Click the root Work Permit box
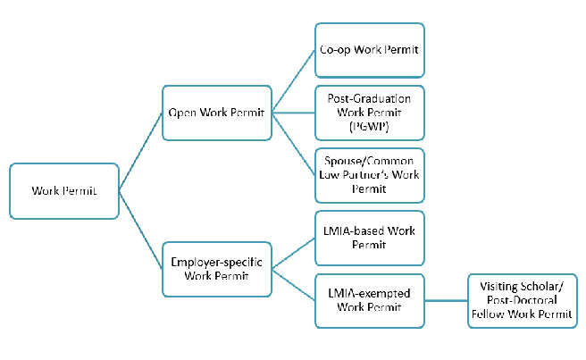pos(64,191)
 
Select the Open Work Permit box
pos(217,113)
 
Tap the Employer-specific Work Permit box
pos(217,269)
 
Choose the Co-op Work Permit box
pos(370,50)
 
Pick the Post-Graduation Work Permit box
pos(370,113)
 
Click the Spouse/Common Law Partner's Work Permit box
pos(370,175)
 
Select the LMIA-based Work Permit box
pos(370,239)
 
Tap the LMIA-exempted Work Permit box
pos(370,301)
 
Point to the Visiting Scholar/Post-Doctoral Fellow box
pos(523,301)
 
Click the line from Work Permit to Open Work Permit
pos(140,152)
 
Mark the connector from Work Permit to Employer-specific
pos(140,230)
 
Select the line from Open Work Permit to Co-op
pos(293,81)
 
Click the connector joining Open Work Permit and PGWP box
pos(293,113)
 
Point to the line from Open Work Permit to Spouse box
pos(293,145)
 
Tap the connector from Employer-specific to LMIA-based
pos(293,254)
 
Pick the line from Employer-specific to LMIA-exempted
pos(293,285)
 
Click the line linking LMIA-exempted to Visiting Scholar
pos(447,300)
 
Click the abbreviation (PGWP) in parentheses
pos(369,127)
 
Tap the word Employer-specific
pos(216,262)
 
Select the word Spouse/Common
pos(369,161)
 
